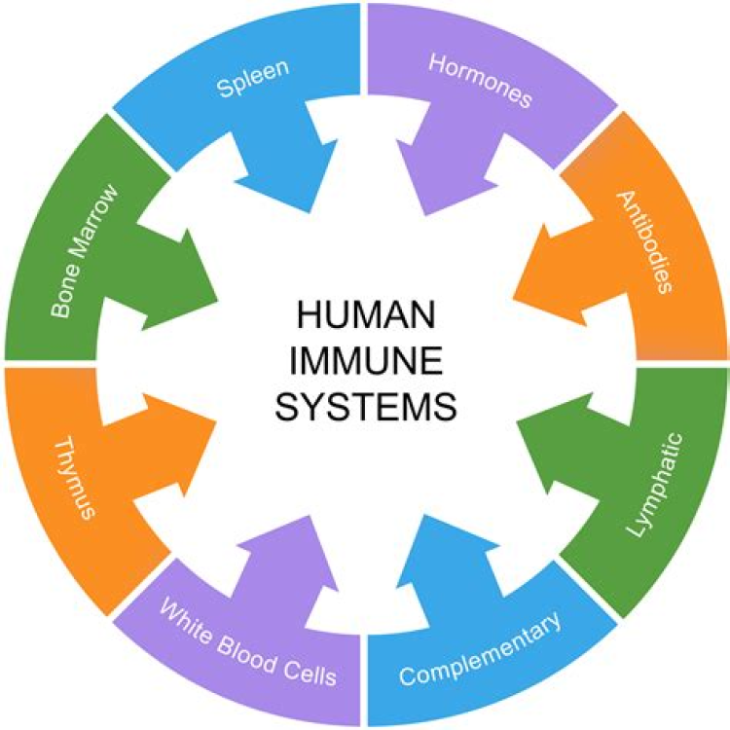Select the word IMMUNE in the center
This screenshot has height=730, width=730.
pyautogui.click(x=364, y=362)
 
